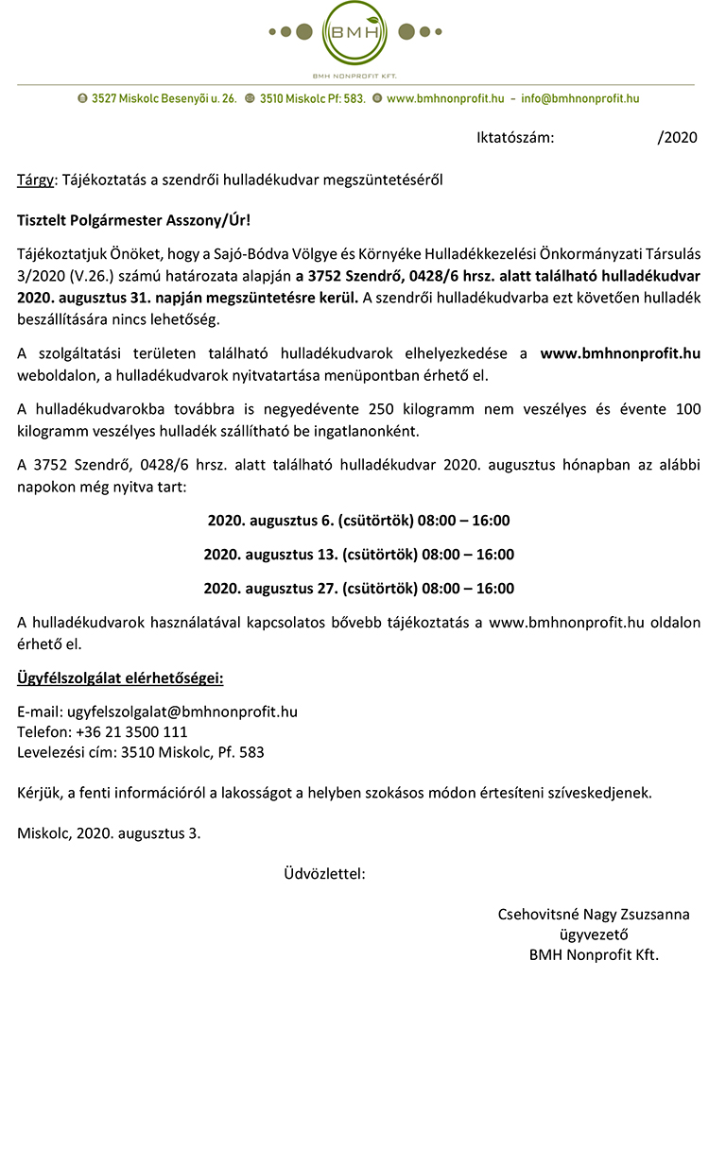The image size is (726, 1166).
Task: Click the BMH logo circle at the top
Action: coord(354,33)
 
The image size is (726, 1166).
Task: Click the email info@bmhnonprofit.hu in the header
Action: coord(579,98)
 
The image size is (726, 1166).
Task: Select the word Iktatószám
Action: coord(514,138)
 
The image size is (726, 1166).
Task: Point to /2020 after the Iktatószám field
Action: coord(677,138)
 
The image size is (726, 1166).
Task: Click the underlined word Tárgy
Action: coord(36,180)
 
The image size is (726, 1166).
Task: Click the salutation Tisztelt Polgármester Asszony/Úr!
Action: coord(134,220)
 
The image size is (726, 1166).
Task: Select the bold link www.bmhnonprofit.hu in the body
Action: coord(620,353)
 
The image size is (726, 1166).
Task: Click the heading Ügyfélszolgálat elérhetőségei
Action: coord(120,678)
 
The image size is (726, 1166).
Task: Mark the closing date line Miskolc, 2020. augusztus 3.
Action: coord(109,833)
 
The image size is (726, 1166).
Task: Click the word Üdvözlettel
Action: coord(324,874)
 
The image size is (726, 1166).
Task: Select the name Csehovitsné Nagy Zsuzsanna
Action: coord(594,915)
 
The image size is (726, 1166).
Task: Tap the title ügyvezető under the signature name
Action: coord(594,935)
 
